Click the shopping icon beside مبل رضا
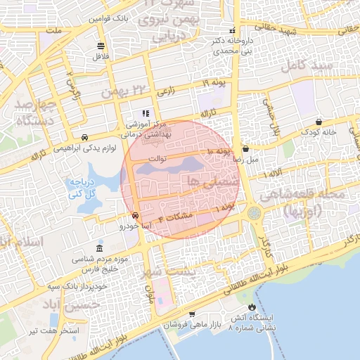click(x=245, y=149)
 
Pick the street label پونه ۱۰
click(x=219, y=152)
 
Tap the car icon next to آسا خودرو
click(x=135, y=216)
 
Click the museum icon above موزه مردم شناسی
click(x=99, y=250)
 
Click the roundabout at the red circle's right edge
click(x=254, y=212)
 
